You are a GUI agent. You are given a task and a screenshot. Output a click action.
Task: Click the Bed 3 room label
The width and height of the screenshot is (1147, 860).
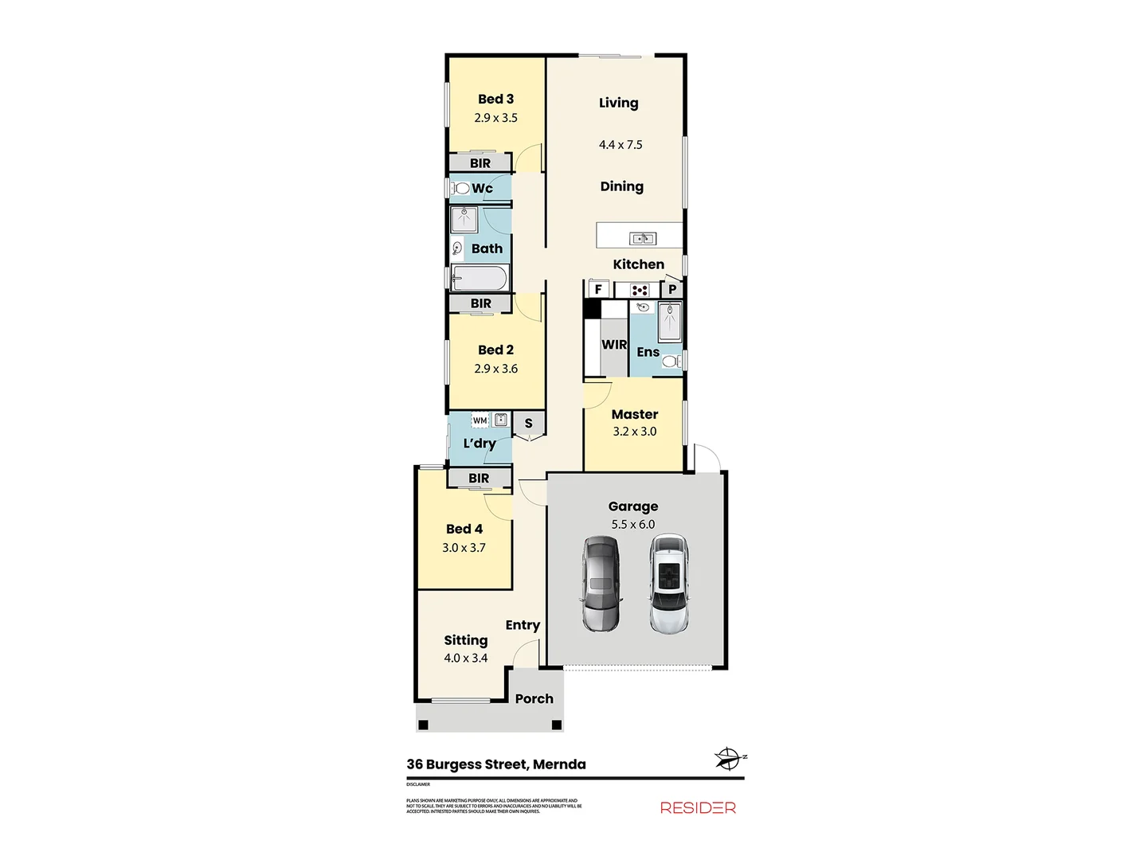point(495,100)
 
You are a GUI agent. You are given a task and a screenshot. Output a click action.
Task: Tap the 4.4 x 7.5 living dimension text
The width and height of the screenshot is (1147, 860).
point(620,145)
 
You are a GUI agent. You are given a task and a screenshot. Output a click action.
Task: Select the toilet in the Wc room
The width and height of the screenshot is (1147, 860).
point(460,189)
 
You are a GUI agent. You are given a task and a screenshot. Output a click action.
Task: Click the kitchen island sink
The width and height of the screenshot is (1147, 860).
point(643,238)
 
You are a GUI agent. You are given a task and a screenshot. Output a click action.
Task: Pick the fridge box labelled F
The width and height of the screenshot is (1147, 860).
point(598,289)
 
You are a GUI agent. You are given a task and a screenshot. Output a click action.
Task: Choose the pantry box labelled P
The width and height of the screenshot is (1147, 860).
point(672,289)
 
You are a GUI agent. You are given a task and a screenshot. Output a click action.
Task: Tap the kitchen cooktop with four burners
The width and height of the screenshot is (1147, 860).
point(640,290)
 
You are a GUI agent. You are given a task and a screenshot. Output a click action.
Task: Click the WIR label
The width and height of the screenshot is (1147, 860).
point(614,345)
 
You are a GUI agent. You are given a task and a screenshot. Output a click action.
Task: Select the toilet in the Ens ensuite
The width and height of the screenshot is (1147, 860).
point(670,362)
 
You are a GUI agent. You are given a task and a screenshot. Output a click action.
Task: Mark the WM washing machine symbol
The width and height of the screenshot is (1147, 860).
point(480,420)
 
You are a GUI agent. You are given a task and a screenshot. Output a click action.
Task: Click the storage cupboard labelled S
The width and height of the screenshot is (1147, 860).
point(528,424)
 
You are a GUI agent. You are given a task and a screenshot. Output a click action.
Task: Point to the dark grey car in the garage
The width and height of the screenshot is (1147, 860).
point(600,584)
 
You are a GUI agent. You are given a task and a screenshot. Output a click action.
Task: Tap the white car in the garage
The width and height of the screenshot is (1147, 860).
point(669,584)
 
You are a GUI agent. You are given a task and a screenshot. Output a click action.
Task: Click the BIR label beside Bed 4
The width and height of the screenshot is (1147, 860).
point(479,479)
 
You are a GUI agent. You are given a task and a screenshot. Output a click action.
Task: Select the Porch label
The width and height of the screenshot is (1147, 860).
point(534,699)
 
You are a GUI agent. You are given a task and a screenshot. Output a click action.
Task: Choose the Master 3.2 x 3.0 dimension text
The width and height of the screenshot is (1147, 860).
point(635,432)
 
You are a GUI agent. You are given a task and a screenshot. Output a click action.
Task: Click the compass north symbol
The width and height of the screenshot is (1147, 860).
point(728,758)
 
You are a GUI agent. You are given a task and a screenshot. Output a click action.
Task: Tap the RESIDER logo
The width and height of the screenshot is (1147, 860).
point(698,807)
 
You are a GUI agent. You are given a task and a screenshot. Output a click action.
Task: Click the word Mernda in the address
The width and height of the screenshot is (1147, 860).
point(559,764)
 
